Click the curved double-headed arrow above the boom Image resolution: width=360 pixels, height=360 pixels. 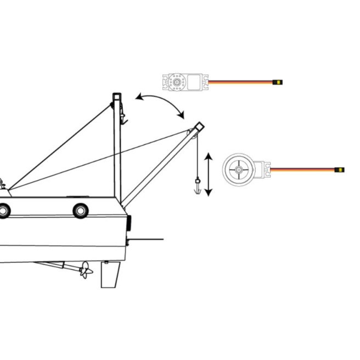160,103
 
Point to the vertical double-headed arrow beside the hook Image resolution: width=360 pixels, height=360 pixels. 208,175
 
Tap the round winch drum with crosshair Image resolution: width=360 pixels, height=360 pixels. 239,170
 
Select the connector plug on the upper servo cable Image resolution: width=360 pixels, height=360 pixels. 278,82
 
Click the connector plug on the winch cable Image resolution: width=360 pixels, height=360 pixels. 340,170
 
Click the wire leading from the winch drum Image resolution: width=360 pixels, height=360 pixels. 302,170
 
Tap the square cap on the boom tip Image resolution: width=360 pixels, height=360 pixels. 198,126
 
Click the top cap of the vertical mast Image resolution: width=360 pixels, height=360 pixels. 117,97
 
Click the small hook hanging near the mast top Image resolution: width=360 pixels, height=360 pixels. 123,117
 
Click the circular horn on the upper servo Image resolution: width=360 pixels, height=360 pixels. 177,82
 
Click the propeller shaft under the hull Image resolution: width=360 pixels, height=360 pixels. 55,266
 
